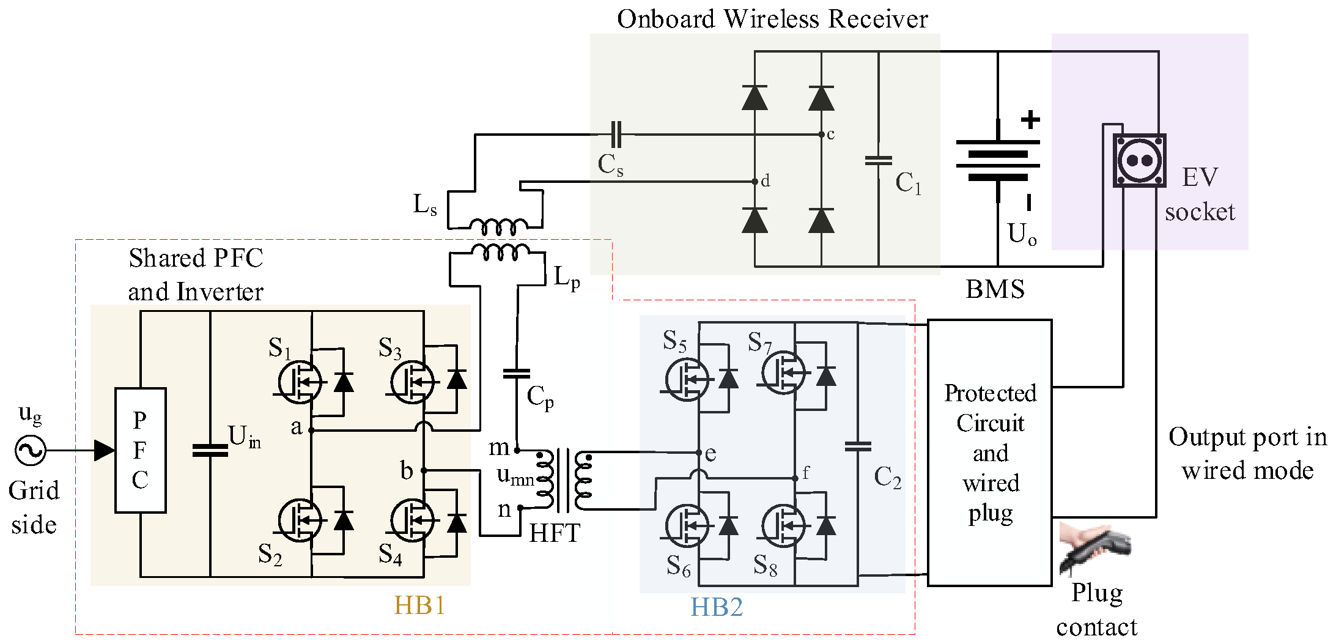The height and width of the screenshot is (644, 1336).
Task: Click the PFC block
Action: tap(141, 450)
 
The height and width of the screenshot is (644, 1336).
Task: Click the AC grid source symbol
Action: tap(30, 451)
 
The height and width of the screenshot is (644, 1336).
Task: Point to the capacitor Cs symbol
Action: tap(616, 135)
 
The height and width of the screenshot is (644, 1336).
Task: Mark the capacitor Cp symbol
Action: tap(517, 373)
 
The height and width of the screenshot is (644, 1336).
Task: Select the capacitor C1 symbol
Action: tap(879, 161)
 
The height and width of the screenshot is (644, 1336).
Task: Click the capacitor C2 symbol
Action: tap(858, 446)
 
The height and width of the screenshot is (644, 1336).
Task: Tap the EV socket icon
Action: tap(1139, 160)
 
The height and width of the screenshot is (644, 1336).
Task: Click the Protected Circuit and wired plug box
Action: tap(990, 453)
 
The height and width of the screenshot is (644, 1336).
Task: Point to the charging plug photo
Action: tap(1094, 549)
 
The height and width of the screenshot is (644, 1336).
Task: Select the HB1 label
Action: tap(419, 605)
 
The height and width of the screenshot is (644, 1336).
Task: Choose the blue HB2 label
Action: tap(717, 607)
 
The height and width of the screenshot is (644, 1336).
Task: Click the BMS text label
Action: tap(995, 289)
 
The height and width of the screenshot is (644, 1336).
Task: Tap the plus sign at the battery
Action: tap(1031, 119)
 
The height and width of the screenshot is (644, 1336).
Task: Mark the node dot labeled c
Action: tap(821, 135)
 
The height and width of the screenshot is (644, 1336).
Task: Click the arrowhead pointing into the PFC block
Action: tap(105, 451)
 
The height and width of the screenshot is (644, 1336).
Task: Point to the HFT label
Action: tap(555, 533)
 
